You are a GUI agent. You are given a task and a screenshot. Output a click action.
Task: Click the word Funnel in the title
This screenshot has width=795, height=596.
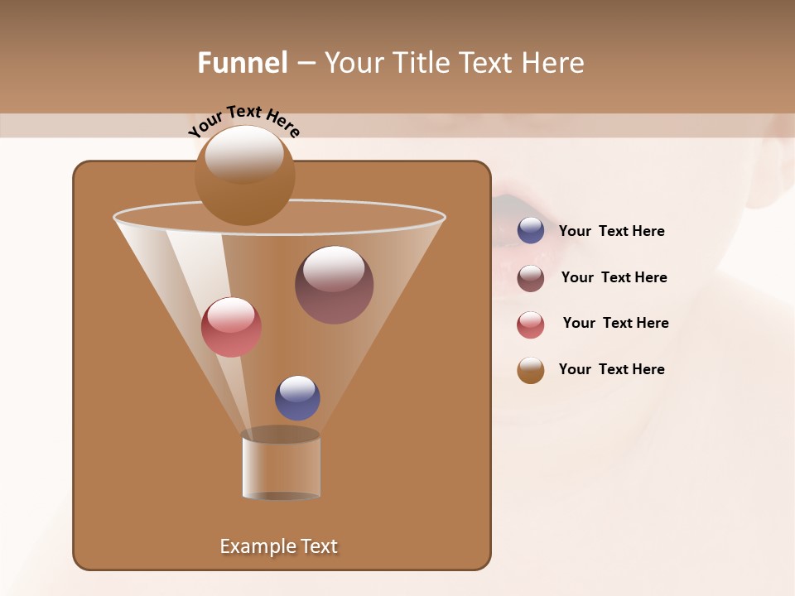[x=242, y=63]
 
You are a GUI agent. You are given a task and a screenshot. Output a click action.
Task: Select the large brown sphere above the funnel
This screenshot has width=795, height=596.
[x=244, y=175]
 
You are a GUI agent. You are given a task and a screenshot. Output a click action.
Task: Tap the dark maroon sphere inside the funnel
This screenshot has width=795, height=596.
[x=334, y=284]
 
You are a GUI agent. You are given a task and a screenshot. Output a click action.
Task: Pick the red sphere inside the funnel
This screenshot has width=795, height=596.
[x=231, y=327]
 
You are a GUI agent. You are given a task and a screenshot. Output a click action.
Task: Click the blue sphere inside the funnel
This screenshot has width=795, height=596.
[x=297, y=398]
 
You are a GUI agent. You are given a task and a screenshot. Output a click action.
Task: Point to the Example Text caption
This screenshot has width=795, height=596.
[x=278, y=546]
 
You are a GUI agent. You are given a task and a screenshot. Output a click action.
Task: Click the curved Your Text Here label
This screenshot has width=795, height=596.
[x=243, y=121]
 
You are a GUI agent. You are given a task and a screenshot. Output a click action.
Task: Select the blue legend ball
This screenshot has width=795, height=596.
[x=531, y=231]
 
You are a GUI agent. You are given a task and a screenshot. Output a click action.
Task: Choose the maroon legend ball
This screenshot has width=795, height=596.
[x=531, y=278]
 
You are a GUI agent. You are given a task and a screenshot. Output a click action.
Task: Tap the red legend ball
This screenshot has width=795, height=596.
[x=531, y=324]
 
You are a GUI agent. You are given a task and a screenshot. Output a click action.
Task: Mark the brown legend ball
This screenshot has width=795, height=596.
[x=531, y=370]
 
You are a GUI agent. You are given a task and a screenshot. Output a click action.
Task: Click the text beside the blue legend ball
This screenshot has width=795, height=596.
[x=611, y=231]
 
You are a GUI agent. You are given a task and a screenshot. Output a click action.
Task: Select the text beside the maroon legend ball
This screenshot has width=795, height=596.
[x=614, y=277]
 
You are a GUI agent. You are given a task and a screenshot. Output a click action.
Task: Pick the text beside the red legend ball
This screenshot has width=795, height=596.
[x=615, y=323]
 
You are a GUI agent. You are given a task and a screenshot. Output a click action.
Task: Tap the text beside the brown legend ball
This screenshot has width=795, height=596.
[x=611, y=369]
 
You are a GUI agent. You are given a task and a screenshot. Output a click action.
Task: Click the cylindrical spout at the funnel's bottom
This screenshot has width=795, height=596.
[x=281, y=465]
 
